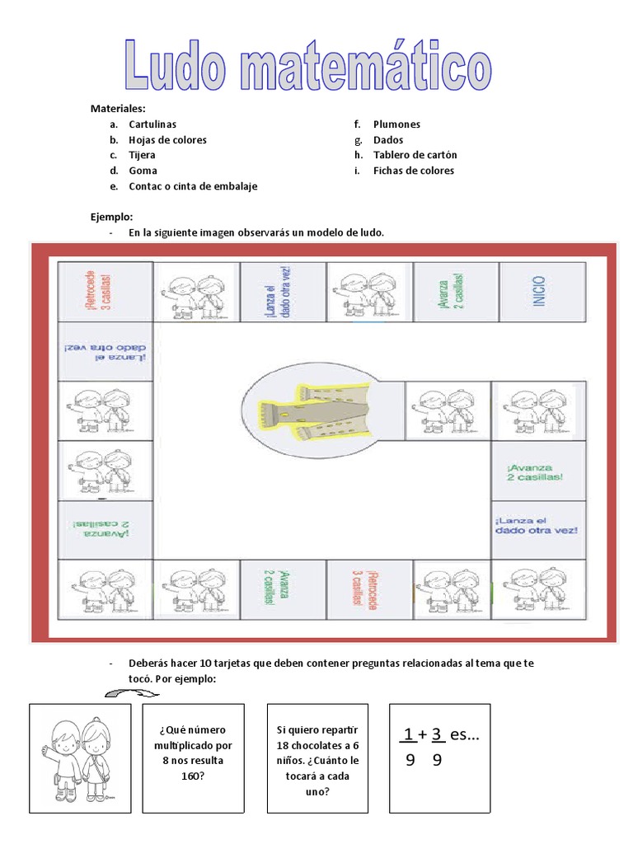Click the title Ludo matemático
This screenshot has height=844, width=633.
point(308,63)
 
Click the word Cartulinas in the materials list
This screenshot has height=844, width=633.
point(152,124)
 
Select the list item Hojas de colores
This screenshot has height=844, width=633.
point(167,140)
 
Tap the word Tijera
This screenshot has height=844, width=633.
point(142,155)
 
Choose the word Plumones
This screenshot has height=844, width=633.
point(396,124)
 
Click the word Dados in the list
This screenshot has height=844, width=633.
point(388,140)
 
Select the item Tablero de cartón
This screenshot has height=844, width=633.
point(415,155)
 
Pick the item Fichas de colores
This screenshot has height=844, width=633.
point(413,171)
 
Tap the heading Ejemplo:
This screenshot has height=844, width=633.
point(111,217)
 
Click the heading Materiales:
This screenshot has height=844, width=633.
point(118,109)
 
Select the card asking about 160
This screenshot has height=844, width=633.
point(194,758)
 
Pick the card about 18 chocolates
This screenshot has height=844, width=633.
point(317,758)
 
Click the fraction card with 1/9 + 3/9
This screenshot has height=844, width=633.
point(439,758)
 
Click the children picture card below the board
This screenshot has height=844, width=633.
point(80,758)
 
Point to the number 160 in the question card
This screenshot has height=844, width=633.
point(194,776)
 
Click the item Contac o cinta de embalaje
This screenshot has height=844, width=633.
point(193,186)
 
